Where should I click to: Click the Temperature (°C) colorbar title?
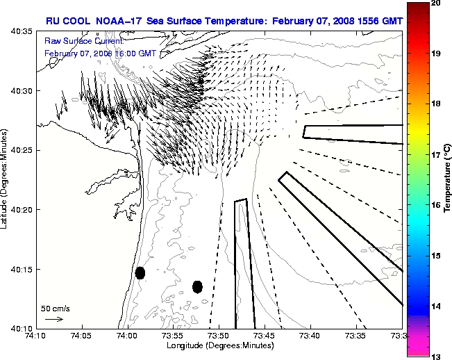[448, 179]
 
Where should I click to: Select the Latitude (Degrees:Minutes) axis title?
[6, 179]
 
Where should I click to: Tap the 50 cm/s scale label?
[55, 308]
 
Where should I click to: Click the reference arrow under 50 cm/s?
[54, 319]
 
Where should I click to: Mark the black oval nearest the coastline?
[140, 272]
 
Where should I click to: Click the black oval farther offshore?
[197, 286]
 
